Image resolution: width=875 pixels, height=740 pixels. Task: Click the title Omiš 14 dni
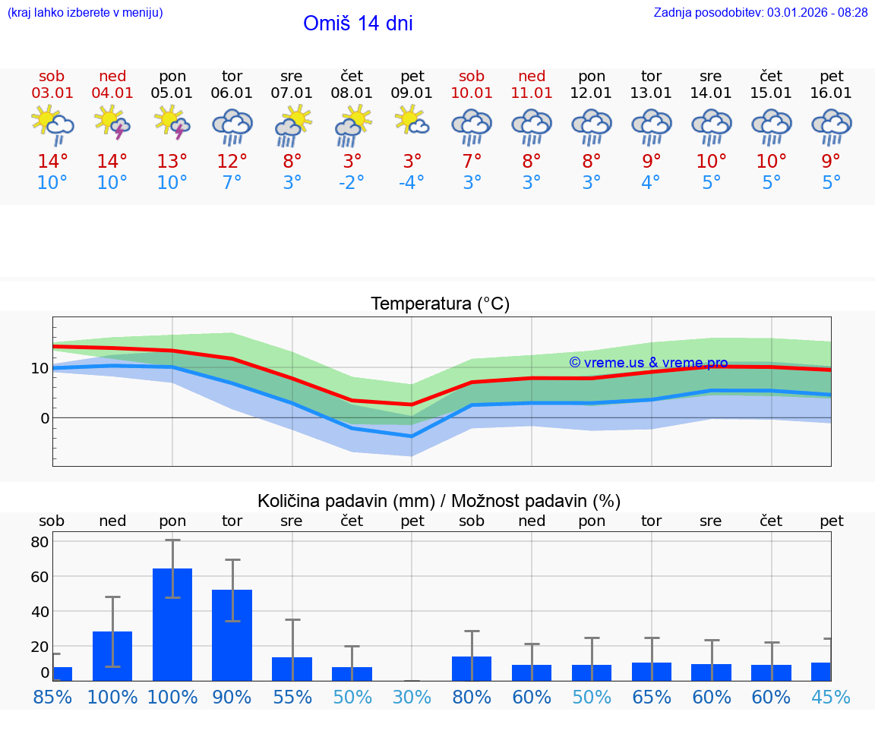(358, 24)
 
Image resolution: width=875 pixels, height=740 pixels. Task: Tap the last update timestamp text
(760, 13)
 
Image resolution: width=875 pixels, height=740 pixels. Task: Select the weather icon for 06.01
(232, 127)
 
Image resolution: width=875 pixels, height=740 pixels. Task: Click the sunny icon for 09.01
(412, 121)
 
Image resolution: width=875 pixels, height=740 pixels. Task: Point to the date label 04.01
(112, 93)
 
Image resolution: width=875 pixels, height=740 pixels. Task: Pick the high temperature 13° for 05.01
(172, 162)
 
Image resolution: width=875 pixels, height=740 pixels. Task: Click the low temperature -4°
(412, 183)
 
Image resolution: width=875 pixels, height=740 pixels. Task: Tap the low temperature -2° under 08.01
(352, 183)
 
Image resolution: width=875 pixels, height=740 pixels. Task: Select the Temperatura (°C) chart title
(440, 304)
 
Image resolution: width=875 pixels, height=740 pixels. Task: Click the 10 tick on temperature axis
(39, 368)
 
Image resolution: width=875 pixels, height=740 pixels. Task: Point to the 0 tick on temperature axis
(44, 418)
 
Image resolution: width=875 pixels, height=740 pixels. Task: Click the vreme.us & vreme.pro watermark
(648, 363)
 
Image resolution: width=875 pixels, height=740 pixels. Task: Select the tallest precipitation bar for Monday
(172, 624)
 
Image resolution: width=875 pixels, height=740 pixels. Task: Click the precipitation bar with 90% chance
(232, 635)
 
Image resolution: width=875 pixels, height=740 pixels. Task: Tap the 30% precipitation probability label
(412, 697)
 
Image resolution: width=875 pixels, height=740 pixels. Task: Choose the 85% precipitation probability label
(52, 697)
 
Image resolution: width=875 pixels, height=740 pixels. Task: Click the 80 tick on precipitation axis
(39, 542)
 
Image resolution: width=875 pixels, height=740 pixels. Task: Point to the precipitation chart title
(439, 501)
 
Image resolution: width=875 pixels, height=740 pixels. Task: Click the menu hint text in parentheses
(85, 13)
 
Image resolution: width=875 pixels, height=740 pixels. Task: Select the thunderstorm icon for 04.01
(112, 123)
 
